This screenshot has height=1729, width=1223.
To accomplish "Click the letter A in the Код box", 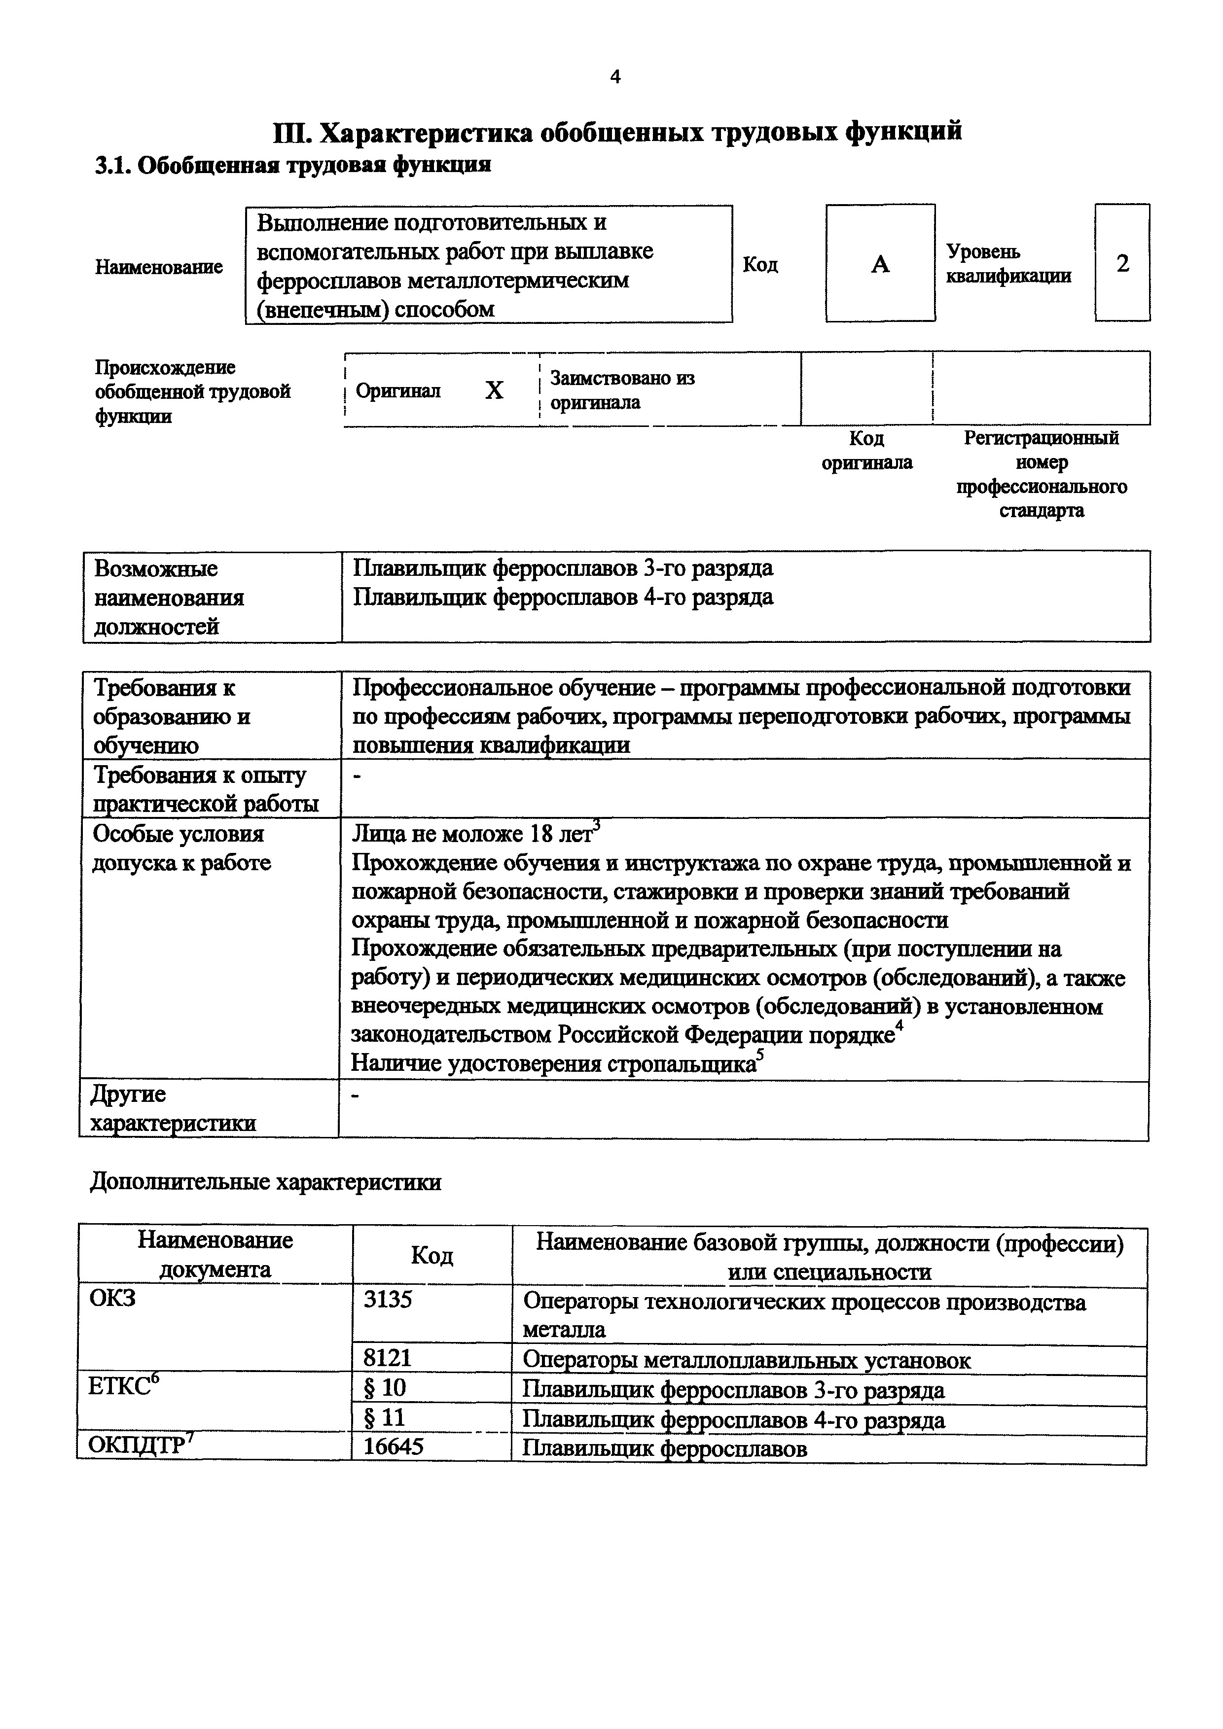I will [880, 264].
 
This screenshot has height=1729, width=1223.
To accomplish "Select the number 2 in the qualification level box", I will [1122, 264].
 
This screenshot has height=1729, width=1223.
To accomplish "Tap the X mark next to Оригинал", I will [494, 390].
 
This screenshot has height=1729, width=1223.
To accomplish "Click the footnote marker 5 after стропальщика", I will [760, 1056].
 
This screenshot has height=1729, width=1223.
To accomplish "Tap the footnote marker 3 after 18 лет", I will [596, 825].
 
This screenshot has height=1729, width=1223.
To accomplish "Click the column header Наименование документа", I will [216, 1255].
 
